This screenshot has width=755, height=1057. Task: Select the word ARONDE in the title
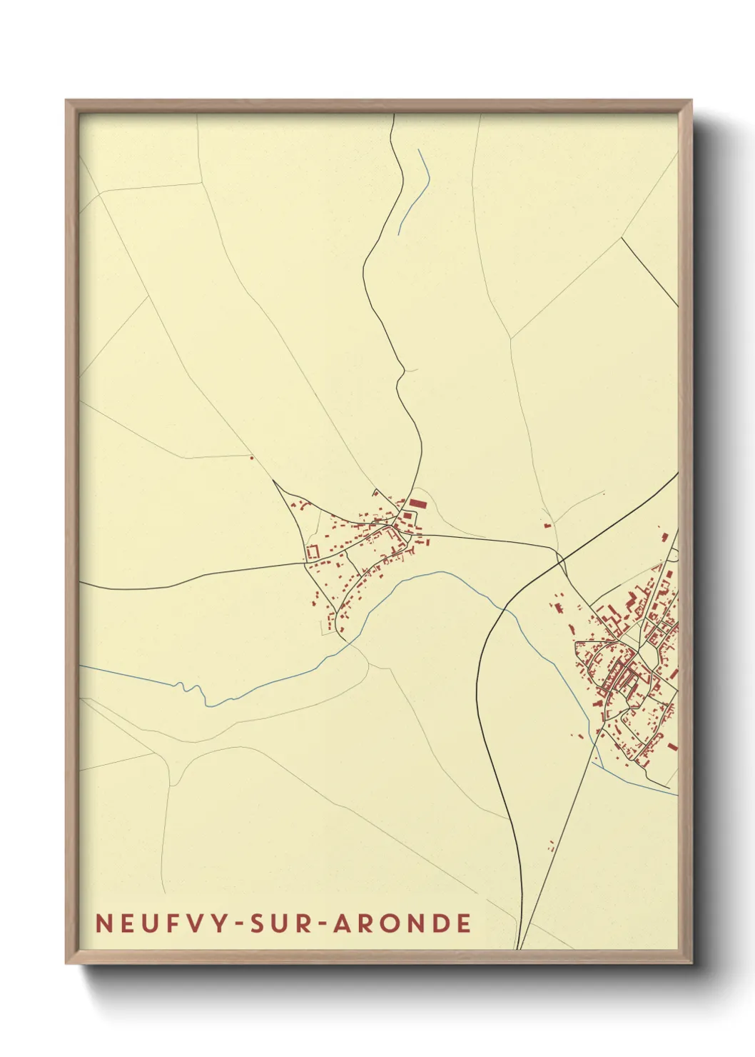click(x=402, y=923)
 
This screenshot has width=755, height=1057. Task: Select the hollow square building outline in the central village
click(x=312, y=552)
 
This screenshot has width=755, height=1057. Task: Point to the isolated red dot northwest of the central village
click(x=251, y=458)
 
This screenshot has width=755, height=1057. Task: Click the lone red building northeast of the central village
click(x=547, y=525)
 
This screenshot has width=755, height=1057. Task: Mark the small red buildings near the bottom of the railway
click(x=552, y=846)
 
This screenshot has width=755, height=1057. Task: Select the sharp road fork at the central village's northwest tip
click(x=275, y=481)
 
